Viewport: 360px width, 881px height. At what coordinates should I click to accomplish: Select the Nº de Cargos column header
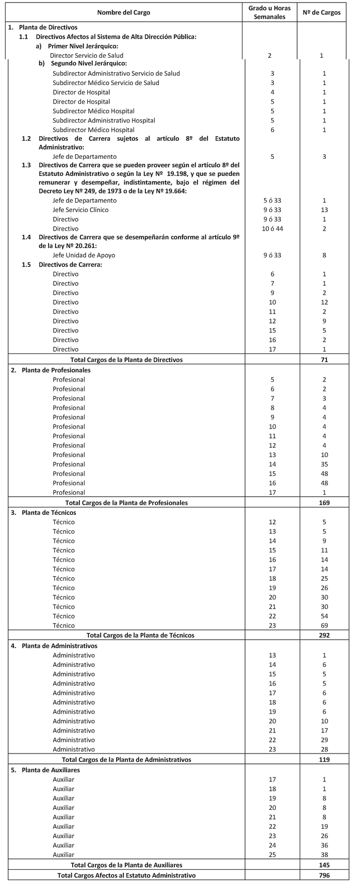tap(324, 12)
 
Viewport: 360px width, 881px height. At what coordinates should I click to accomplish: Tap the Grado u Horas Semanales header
tap(272, 12)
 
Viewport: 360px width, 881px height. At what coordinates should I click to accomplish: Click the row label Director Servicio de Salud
tap(86, 55)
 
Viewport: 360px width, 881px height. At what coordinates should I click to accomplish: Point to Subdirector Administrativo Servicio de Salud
tap(116, 73)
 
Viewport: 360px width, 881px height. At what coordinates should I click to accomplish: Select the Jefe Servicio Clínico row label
tap(80, 209)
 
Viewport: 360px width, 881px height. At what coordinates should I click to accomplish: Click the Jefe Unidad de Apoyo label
tap(84, 255)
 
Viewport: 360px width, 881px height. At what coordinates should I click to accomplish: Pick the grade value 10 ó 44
tap(272, 229)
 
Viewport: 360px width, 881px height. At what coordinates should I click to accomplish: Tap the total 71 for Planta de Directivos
tap(324, 360)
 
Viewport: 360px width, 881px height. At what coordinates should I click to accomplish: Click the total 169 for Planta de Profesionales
tap(324, 502)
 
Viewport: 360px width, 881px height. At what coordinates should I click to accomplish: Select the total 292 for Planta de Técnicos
tap(324, 635)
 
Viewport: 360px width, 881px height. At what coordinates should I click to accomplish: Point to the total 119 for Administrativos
tap(324, 759)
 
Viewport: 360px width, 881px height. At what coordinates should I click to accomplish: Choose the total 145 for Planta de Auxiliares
tap(324, 864)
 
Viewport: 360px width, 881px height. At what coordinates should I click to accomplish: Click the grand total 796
tap(324, 875)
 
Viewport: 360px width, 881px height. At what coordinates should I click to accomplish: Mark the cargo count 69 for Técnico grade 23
tap(324, 625)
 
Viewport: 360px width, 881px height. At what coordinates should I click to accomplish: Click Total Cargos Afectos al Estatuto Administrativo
tap(126, 875)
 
